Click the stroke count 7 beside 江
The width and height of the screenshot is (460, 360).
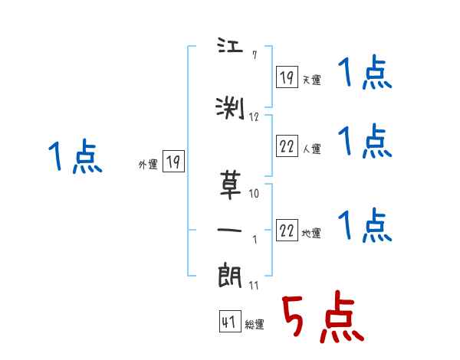(255, 54)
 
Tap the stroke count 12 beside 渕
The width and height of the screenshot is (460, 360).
(255, 116)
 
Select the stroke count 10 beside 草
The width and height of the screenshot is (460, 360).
(255, 194)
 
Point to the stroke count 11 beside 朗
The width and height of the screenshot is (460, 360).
(255, 286)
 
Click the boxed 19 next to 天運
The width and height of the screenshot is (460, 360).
(287, 77)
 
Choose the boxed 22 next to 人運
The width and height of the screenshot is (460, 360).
(287, 145)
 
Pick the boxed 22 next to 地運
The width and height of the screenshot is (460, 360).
(287, 230)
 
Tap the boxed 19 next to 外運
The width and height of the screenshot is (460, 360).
(173, 162)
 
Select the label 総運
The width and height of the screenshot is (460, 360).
(255, 325)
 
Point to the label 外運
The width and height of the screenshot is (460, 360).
(147, 164)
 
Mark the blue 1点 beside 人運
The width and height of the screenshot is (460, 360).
(365, 141)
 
